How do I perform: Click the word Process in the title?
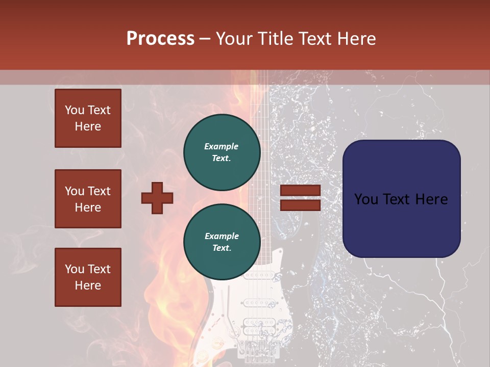tap(160, 39)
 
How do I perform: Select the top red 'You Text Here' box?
tap(88, 118)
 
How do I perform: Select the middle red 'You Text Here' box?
tap(88, 199)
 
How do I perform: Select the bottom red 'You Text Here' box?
tap(88, 277)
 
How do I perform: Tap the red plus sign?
tap(157, 198)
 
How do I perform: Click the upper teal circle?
tap(222, 152)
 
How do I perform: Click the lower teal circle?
tap(222, 242)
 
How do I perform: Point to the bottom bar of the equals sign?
tap(300, 205)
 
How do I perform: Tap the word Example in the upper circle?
tap(222, 146)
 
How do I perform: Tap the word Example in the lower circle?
tap(222, 236)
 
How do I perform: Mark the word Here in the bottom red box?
tap(88, 285)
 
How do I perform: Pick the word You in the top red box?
tap(75, 110)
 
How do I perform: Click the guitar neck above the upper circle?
tap(259, 97)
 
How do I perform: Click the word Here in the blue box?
tap(431, 199)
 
